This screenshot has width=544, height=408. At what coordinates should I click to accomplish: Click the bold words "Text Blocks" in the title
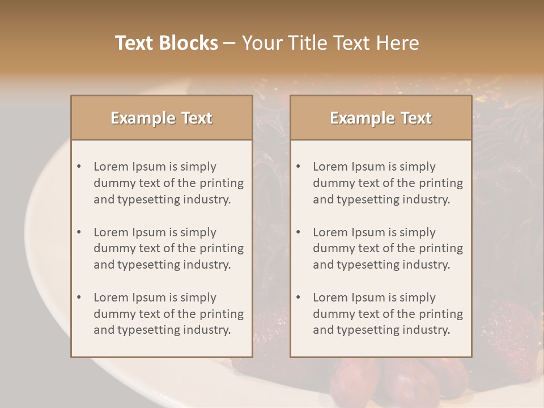click(x=166, y=43)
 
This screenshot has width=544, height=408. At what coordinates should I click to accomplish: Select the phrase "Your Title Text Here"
click(x=330, y=43)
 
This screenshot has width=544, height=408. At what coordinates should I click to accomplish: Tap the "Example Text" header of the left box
click(x=161, y=118)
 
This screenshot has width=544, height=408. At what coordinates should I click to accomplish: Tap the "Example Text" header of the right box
click(x=381, y=118)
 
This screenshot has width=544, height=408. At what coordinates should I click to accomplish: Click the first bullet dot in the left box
click(x=79, y=167)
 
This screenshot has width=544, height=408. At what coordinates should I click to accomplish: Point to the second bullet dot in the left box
click(x=79, y=232)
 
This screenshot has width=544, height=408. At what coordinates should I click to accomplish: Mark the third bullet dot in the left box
click(x=79, y=297)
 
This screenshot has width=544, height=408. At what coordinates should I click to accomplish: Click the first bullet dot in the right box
click(x=298, y=167)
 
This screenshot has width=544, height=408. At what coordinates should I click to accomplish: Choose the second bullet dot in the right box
click(x=298, y=232)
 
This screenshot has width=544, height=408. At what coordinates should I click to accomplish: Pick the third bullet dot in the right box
click(x=298, y=297)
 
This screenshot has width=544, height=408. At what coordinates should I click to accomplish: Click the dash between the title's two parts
click(x=229, y=43)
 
